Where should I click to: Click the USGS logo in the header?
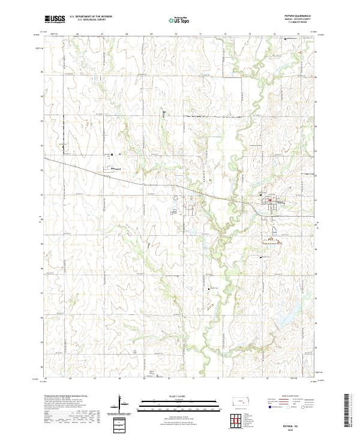coord(55,20)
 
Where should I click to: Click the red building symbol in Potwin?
coord(269,200)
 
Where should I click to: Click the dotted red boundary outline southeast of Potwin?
coord(272,241)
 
